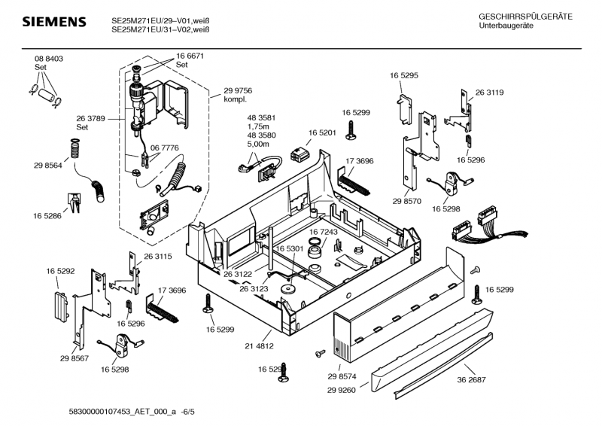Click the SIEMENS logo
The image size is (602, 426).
[53, 23]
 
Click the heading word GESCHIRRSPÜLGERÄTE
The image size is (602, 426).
[525, 17]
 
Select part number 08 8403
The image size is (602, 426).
[48, 59]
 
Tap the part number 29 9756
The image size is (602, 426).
[238, 90]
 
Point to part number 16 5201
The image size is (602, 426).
[321, 132]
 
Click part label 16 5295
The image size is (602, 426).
[404, 76]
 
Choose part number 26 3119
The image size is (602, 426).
[489, 93]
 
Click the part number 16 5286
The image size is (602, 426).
[47, 216]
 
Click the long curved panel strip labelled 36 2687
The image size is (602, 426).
[444, 354]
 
